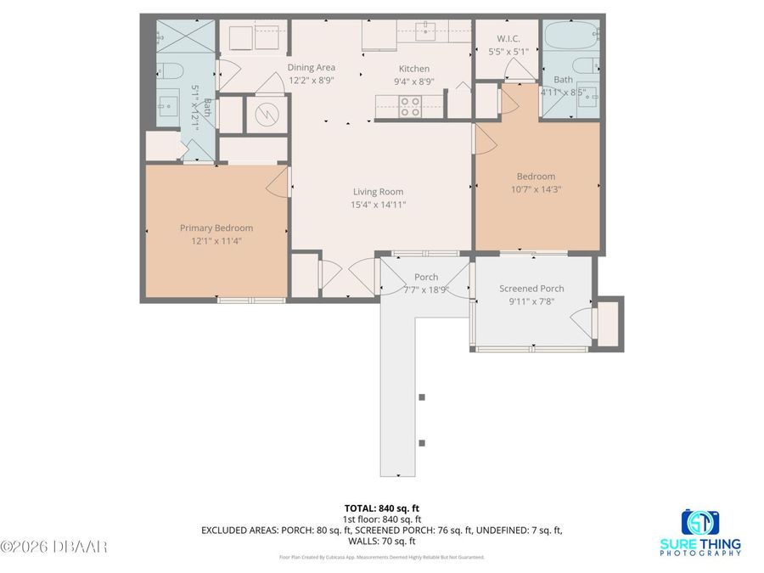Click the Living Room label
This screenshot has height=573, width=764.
click(x=378, y=192)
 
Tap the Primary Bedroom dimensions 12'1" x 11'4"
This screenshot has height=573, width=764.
click(x=216, y=241)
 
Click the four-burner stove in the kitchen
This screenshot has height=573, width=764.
click(x=411, y=105)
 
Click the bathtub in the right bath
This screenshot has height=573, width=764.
click(x=570, y=37)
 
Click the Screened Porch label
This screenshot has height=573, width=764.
click(x=531, y=289)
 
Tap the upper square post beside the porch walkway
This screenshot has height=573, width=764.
click(x=422, y=396)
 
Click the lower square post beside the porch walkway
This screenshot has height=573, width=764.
click(x=422, y=442)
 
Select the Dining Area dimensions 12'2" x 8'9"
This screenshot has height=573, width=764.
click(x=312, y=81)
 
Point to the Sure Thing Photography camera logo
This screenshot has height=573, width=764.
click(x=700, y=521)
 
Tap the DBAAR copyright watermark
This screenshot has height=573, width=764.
click(x=54, y=547)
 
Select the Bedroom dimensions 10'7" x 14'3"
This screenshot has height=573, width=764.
click(x=536, y=190)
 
